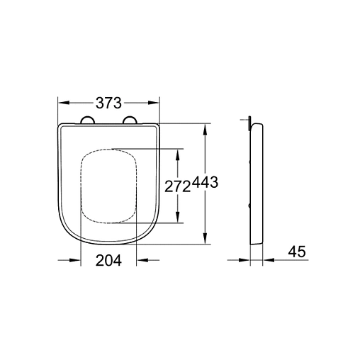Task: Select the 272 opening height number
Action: pyautogui.click(x=177, y=186)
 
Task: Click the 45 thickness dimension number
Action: pyautogui.click(x=297, y=252)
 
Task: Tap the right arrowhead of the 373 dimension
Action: pyautogui.click(x=154, y=102)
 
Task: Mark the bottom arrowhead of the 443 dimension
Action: pyautogui.click(x=206, y=242)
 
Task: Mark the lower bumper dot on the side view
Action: pyautogui.click(x=252, y=206)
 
